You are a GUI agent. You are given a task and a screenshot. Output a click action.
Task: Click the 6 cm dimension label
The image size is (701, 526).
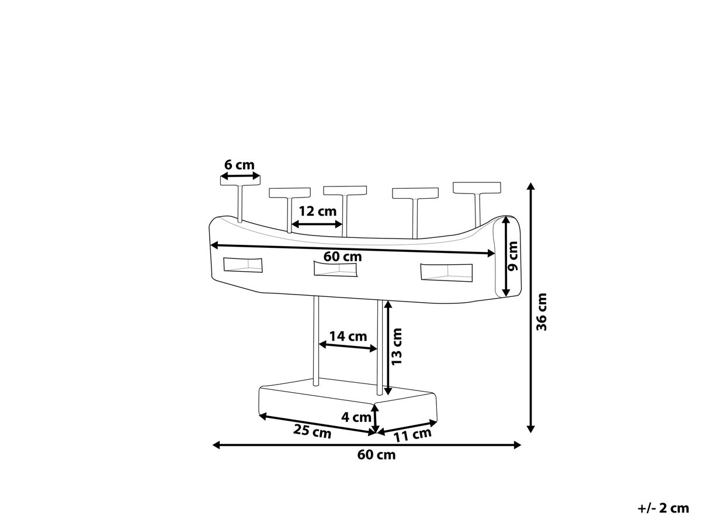point(239,165)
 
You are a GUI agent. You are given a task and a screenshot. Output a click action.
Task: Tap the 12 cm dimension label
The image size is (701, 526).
point(317,212)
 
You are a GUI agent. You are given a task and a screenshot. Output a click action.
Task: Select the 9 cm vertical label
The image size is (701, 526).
point(512,256)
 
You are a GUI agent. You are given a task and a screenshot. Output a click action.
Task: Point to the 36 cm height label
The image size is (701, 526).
point(542,312)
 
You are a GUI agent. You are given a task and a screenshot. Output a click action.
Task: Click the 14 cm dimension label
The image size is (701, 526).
point(348,337)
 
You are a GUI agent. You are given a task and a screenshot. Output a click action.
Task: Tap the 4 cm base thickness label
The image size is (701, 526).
point(356,417)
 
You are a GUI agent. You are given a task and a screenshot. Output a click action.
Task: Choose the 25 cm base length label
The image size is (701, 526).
point(313,431)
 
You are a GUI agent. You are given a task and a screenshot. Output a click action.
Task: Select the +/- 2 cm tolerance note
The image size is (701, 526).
point(663,508)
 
